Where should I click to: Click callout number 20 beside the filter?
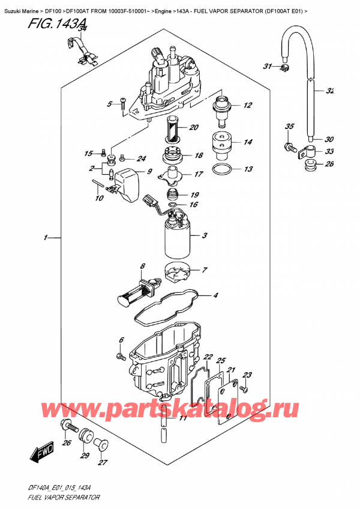pos(194,127)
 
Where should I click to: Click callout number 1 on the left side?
pos(46,238)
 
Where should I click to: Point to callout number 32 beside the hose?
pos(329,91)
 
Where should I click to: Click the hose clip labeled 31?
pos(284,68)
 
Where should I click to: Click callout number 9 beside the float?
pos(149,173)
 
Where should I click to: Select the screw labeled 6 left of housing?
pos(119,357)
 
